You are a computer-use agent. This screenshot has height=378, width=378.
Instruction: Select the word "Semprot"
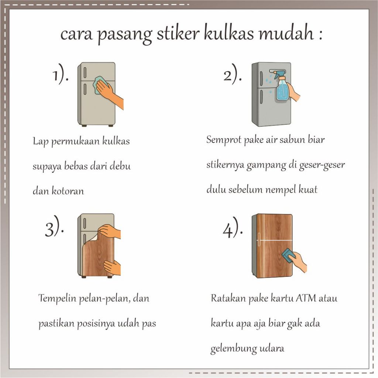[x=223, y=140]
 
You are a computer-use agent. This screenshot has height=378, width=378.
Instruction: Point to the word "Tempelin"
[x=57, y=298]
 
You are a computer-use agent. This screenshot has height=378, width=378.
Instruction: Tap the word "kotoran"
[x=68, y=191]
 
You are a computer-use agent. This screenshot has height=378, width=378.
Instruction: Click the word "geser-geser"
[x=322, y=165]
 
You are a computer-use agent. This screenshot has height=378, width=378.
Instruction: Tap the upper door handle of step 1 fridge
[x=85, y=73]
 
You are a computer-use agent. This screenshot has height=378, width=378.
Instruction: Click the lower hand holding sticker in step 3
[x=113, y=267]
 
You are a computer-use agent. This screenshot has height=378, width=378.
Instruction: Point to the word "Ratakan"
[x=228, y=298]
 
